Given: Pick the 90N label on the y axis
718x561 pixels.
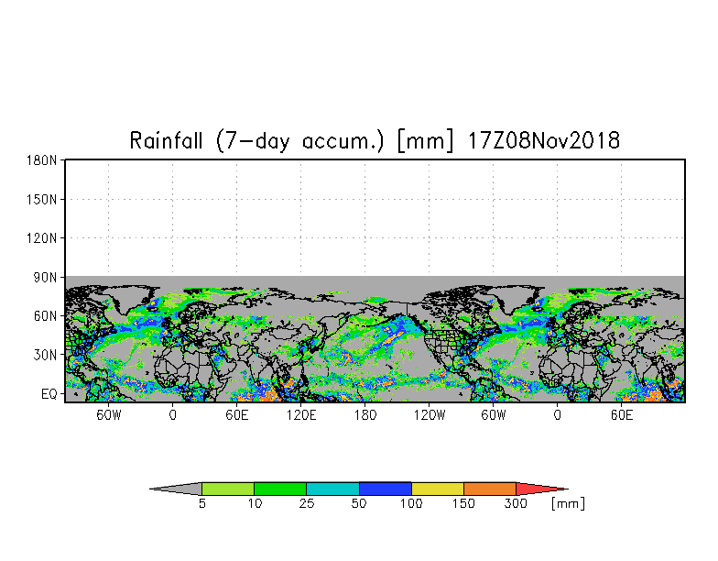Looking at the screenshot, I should coord(45,277).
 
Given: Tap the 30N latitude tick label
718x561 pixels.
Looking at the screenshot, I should coord(45,355).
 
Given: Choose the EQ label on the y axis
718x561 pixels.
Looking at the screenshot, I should coord(49,393).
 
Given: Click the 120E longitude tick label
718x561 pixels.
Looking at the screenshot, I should coord(300,415).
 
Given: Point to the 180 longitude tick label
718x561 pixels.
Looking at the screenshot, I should coord(364,415).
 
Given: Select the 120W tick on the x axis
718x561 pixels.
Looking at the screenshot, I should coord(429,415).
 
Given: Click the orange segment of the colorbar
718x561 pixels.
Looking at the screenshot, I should coord(490,489).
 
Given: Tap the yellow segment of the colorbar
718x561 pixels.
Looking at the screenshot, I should coord(438,489).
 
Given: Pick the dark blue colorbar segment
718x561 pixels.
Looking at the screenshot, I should coord(386,489).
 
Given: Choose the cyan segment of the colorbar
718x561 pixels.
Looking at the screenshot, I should coord(332,489).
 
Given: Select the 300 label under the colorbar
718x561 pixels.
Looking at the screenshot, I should coord(516,504).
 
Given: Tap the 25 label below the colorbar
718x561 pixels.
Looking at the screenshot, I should coord(306,504).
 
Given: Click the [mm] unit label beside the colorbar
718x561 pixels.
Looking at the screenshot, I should coord(568,504).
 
